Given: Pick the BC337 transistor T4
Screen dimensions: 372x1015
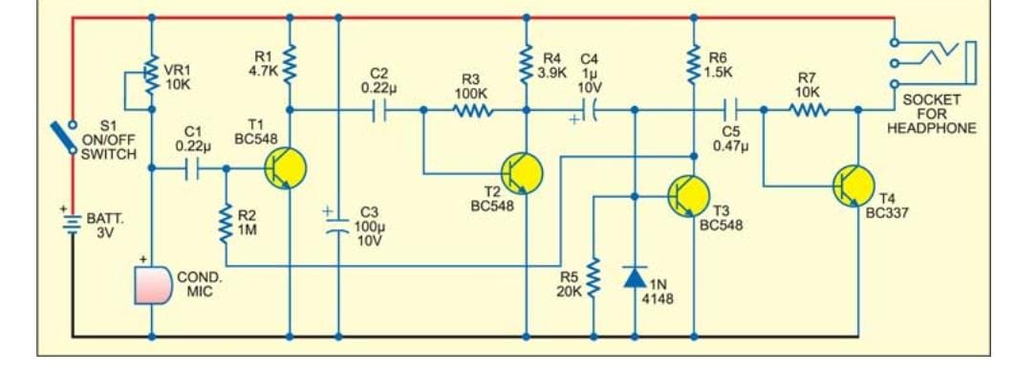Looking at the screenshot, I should click(x=853, y=186).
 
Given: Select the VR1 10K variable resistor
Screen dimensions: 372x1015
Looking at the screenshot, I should click(x=152, y=73).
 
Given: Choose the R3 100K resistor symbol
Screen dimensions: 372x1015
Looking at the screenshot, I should click(x=473, y=111).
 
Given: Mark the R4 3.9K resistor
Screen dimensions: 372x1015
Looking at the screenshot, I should click(x=525, y=65).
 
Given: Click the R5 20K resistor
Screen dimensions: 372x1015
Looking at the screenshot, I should click(x=594, y=277).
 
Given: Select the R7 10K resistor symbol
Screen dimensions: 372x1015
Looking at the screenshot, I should click(x=810, y=111).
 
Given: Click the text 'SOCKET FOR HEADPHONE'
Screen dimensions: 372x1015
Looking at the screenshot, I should click(x=939, y=114).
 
